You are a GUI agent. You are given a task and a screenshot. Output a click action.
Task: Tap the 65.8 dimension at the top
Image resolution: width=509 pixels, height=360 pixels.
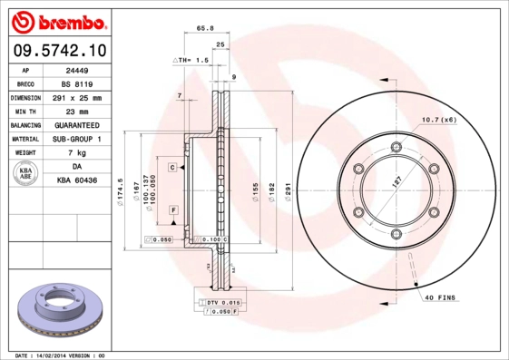[205, 28]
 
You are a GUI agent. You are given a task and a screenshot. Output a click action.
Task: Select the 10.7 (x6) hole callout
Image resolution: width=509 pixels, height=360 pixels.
[439, 120]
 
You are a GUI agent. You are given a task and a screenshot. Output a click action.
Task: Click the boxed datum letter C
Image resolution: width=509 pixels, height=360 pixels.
[171, 168]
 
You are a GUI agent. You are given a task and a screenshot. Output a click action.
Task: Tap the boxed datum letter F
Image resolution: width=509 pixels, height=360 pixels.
[171, 209]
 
